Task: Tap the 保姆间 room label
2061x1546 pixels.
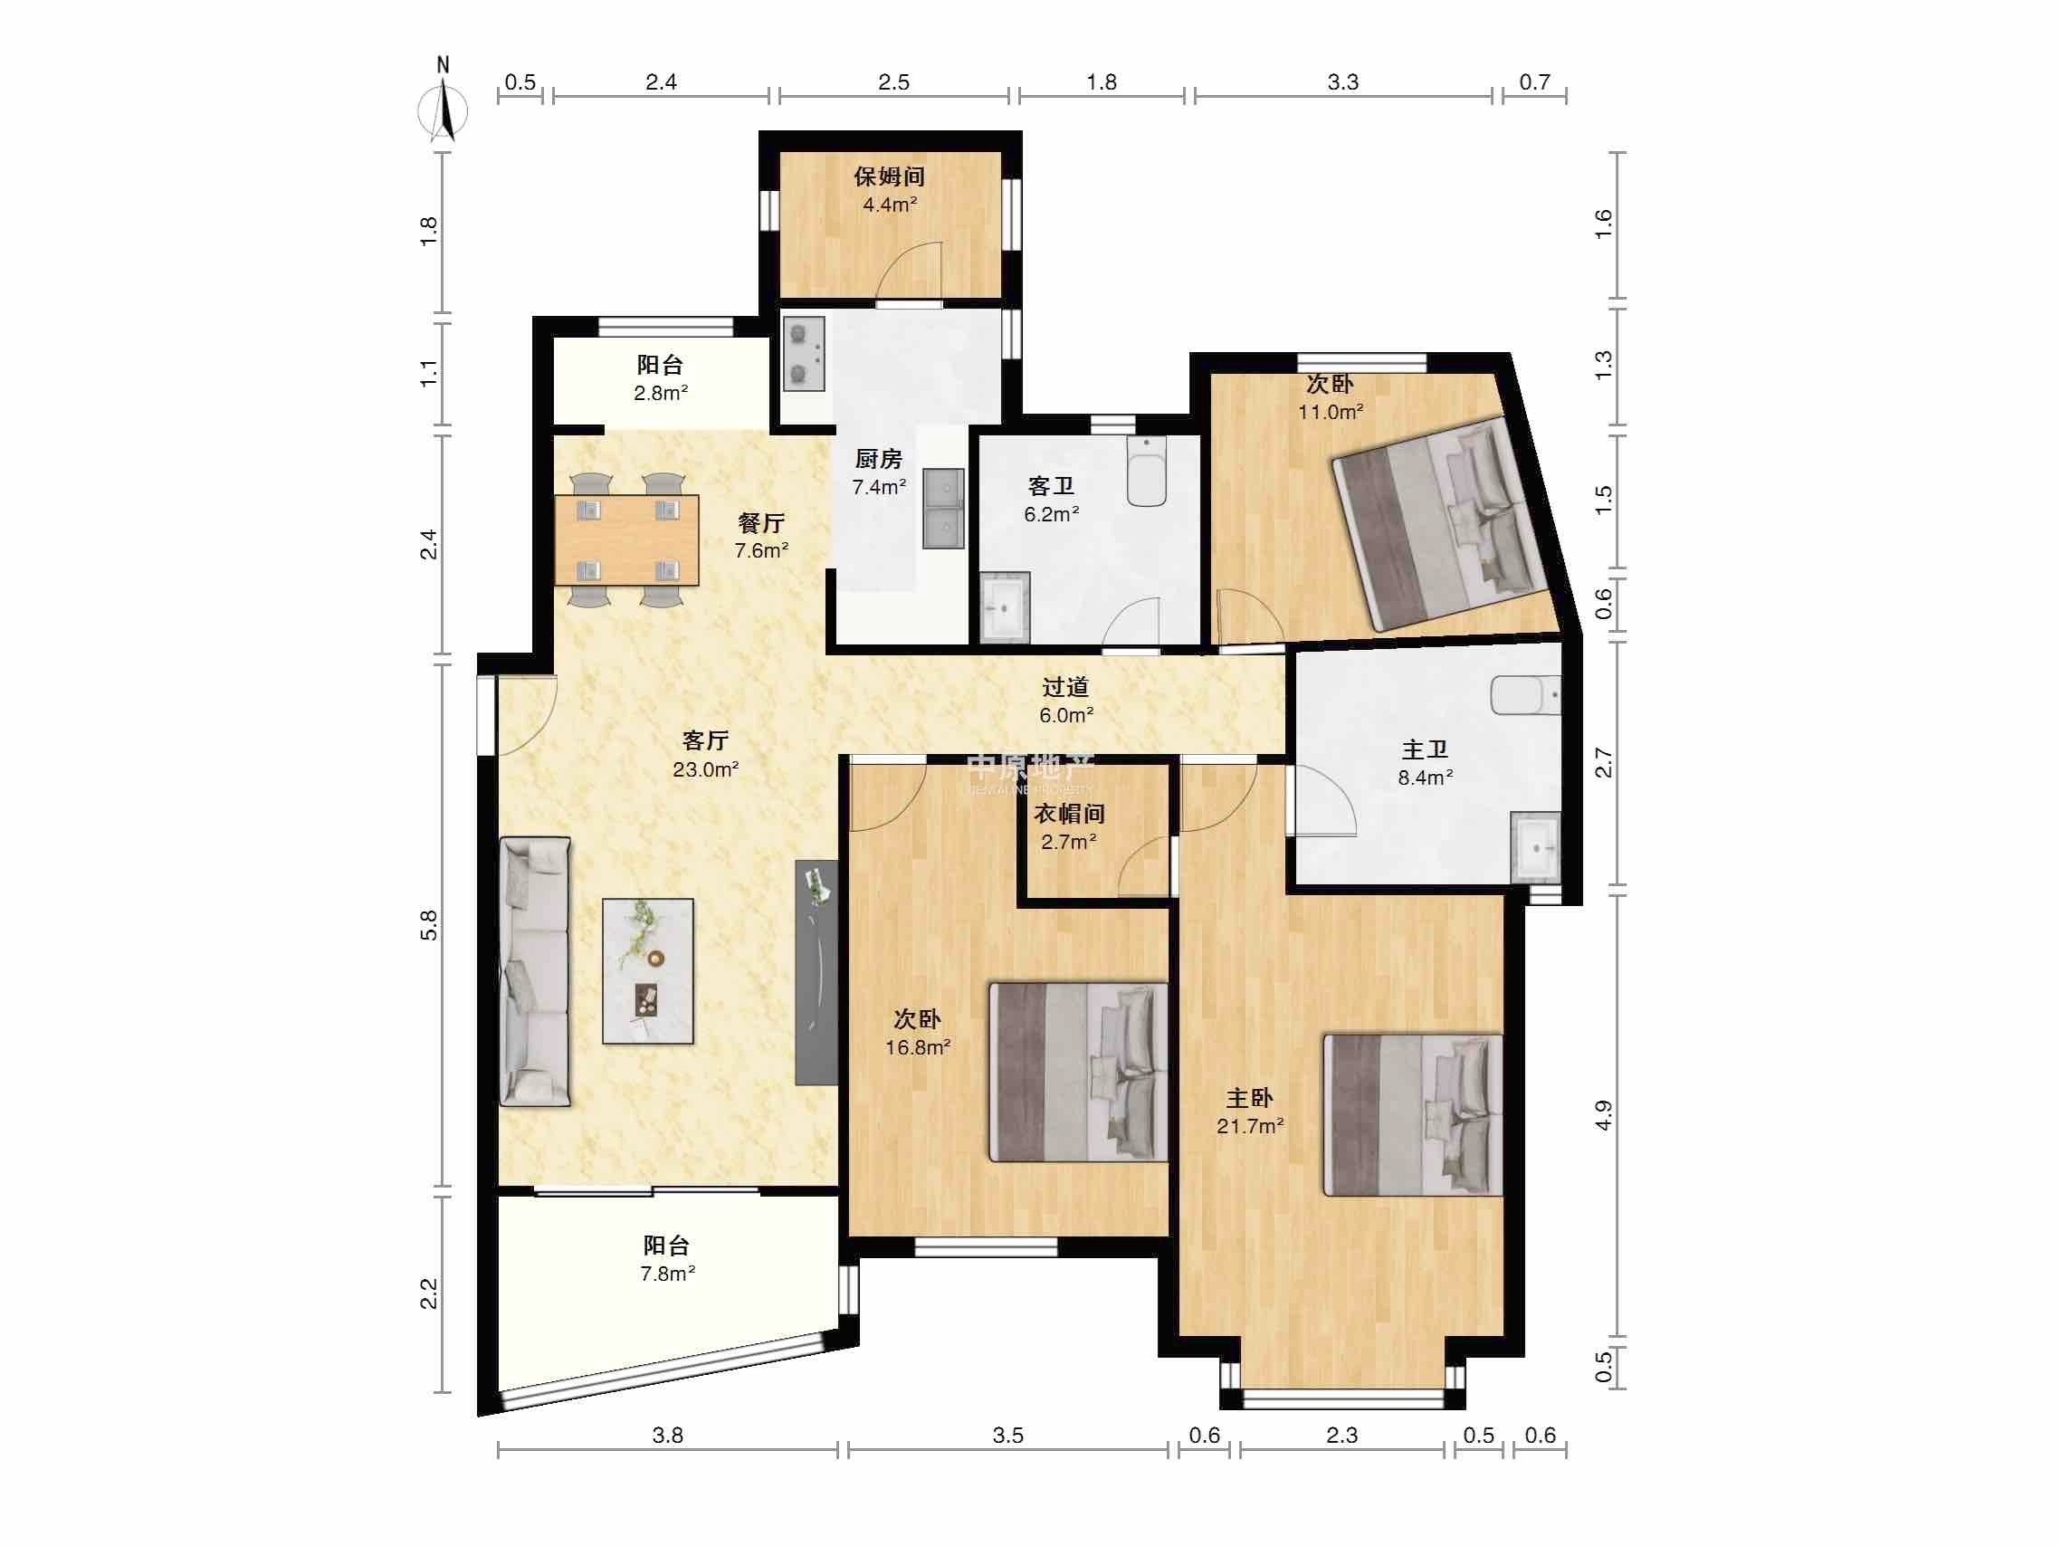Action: (x=889, y=177)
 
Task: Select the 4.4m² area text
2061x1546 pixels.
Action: (x=890, y=205)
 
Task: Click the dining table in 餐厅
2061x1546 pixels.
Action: (x=626, y=539)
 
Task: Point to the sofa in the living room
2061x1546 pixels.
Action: (x=535, y=972)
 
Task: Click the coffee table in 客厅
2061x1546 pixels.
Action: (x=647, y=971)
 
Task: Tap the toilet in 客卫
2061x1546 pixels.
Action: (x=1146, y=472)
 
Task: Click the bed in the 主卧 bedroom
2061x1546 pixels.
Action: (x=1414, y=1113)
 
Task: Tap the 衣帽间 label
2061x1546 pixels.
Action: (x=1069, y=814)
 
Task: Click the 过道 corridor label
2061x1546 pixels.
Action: (x=1066, y=687)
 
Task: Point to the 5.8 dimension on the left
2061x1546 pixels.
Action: (x=429, y=924)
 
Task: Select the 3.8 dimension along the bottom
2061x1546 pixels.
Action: (x=667, y=1435)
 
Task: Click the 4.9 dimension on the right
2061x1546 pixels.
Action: (x=1603, y=1114)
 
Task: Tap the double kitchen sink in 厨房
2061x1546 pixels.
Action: (x=943, y=509)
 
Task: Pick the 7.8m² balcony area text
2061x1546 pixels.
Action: (x=667, y=1274)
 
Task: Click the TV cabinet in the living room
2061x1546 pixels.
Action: (x=816, y=972)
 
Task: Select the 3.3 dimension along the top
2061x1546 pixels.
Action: (x=1342, y=82)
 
